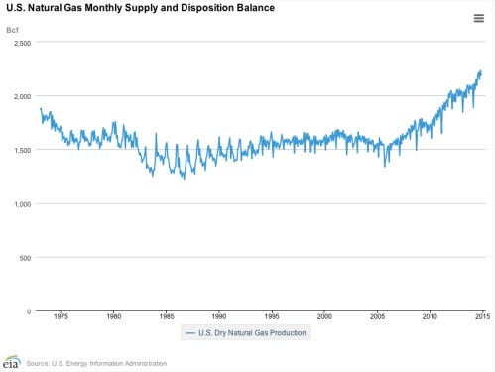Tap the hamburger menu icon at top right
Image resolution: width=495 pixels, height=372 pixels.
click(x=478, y=17)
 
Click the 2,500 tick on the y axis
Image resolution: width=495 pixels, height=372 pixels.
click(x=21, y=44)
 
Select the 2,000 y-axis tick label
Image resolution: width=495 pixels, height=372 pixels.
click(x=21, y=97)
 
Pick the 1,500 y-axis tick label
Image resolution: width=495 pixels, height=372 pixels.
click(x=21, y=151)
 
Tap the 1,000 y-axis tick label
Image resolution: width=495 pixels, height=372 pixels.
click(x=21, y=204)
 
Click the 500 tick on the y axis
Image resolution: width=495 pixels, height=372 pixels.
click(x=25, y=258)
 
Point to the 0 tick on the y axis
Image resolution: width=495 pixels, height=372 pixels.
click(x=30, y=311)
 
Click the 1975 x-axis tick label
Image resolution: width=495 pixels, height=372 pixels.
click(x=61, y=317)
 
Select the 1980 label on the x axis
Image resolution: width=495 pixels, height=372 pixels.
click(x=113, y=317)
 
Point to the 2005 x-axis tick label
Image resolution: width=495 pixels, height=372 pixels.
click(x=376, y=317)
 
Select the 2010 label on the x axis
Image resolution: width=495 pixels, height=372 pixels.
click(x=429, y=317)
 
